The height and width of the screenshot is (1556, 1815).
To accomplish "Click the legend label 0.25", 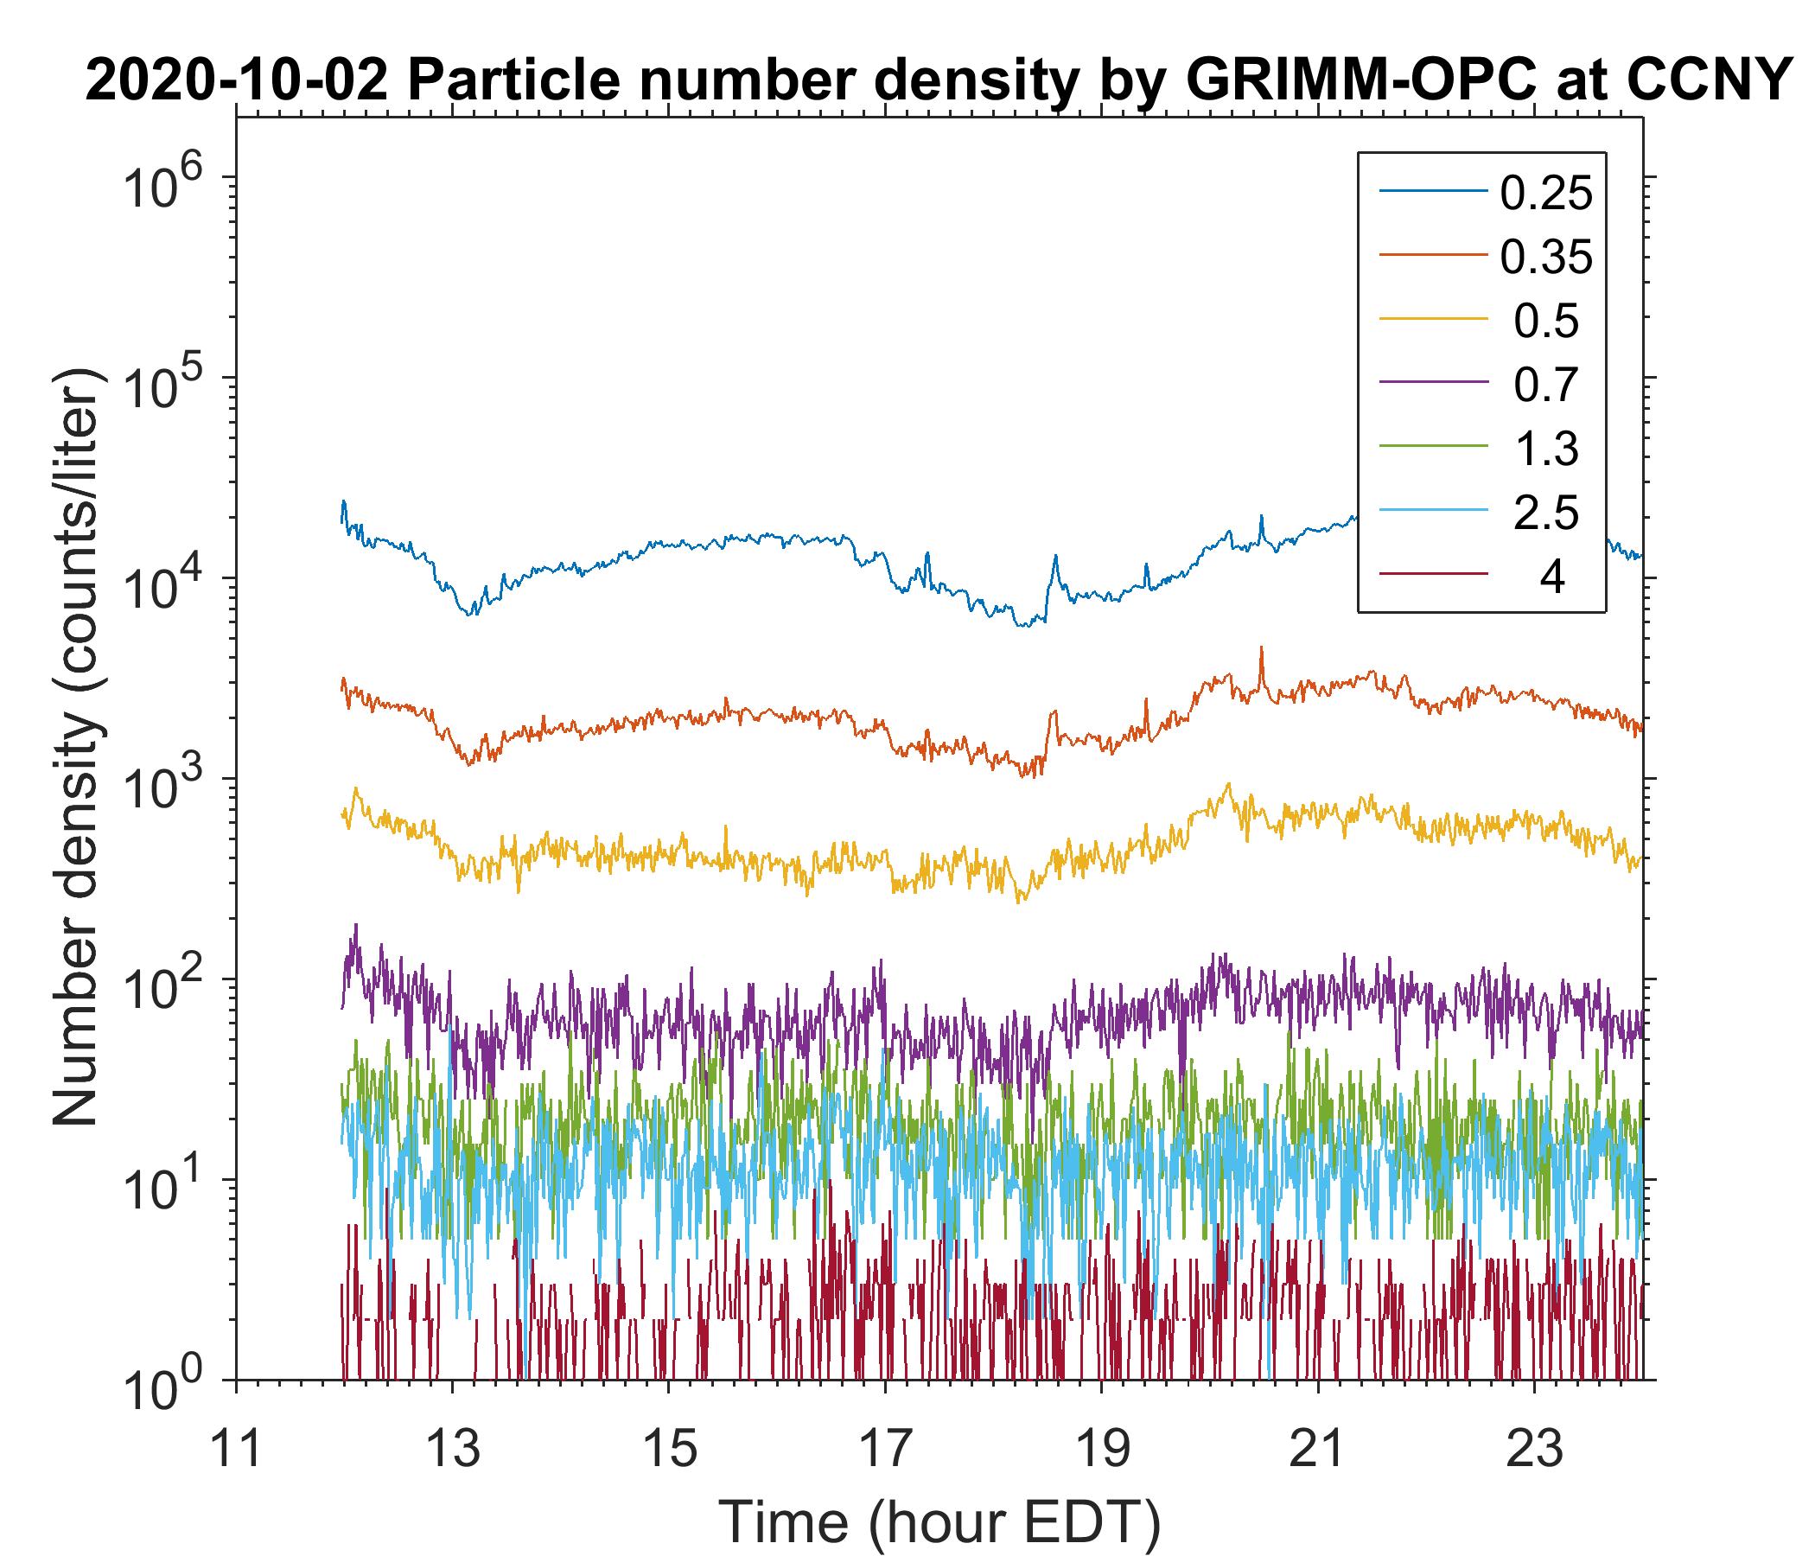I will pyautogui.click(x=1546, y=193).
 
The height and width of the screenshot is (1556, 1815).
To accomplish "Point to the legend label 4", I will pyautogui.click(x=1551, y=577).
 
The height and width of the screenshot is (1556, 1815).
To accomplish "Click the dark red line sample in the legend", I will pyautogui.click(x=1433, y=575).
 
